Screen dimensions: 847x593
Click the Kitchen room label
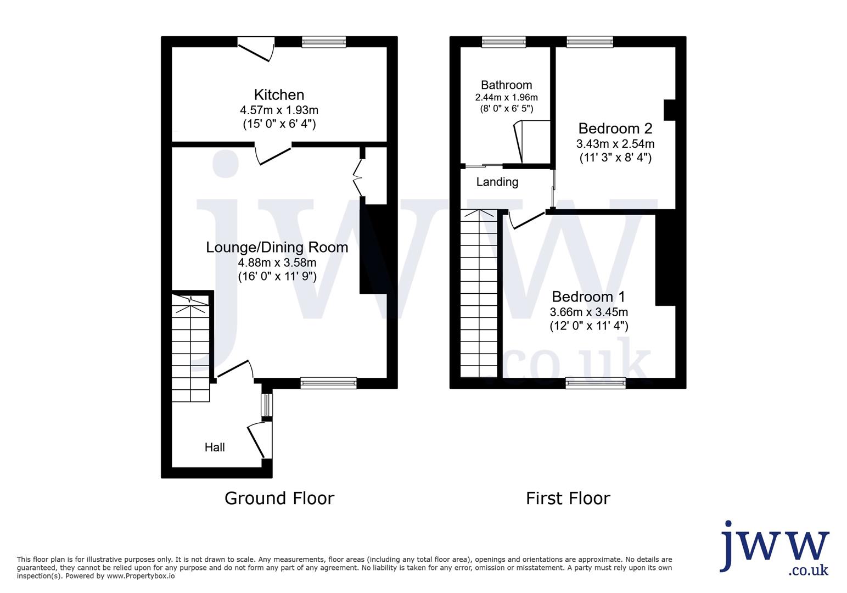(x=279, y=94)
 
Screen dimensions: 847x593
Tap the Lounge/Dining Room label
(x=277, y=247)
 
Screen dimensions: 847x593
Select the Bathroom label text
(x=506, y=85)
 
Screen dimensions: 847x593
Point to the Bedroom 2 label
(x=615, y=128)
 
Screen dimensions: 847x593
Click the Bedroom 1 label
(x=588, y=297)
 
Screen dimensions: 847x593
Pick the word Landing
(x=497, y=182)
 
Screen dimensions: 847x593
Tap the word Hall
(x=215, y=447)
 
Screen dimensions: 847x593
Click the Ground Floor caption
(x=279, y=498)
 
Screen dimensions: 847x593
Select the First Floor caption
(x=568, y=498)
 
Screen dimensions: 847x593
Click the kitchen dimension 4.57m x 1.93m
(x=279, y=110)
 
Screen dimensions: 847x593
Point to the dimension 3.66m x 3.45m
(x=589, y=312)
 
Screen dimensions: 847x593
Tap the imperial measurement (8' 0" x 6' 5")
(x=507, y=109)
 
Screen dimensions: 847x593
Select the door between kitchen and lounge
(x=273, y=154)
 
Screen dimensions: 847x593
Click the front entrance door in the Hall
(x=260, y=439)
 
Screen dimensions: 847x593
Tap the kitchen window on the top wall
(x=324, y=42)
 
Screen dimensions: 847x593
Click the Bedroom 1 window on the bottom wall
(x=596, y=383)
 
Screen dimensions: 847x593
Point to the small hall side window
(x=267, y=405)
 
